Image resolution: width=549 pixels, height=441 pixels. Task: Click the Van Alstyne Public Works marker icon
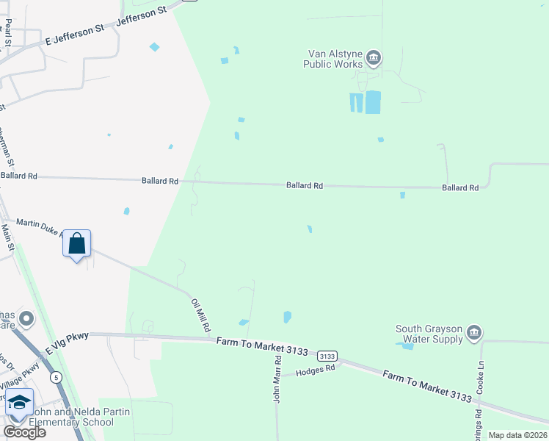(x=374, y=57)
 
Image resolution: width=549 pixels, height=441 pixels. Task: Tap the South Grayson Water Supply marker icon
(x=474, y=333)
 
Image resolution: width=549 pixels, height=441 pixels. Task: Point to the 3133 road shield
(x=328, y=355)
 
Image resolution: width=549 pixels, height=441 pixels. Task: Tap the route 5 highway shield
(x=56, y=377)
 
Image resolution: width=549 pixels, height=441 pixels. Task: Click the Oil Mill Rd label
(x=200, y=314)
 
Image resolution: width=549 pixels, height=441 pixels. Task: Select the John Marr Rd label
(x=277, y=379)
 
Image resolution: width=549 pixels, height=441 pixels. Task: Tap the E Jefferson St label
(x=76, y=32)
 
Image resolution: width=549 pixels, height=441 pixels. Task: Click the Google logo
(x=24, y=432)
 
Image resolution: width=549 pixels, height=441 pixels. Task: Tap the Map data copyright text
(x=517, y=435)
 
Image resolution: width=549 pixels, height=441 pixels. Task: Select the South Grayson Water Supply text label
(x=429, y=334)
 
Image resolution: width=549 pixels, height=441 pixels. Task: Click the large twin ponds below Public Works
(x=366, y=102)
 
